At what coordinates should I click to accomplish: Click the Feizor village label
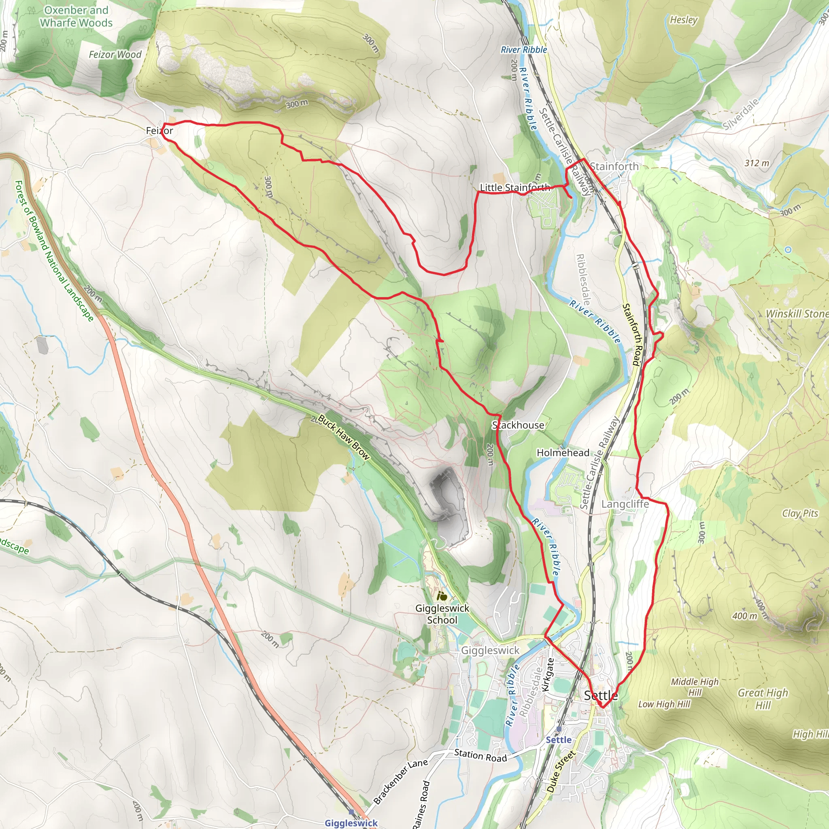click(159, 130)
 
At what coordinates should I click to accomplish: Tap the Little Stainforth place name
click(514, 187)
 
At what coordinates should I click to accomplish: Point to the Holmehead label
click(563, 453)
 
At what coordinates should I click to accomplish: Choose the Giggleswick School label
click(442, 614)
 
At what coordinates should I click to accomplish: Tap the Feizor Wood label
click(115, 55)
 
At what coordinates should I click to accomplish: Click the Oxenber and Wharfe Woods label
click(77, 16)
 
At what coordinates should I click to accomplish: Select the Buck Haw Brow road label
click(343, 437)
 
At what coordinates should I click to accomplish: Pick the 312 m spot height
click(757, 163)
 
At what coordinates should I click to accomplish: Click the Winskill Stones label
click(797, 314)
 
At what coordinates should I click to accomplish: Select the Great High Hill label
click(763, 699)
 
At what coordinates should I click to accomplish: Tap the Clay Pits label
click(800, 513)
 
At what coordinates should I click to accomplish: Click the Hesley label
click(684, 20)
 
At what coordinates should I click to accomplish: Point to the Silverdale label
click(741, 114)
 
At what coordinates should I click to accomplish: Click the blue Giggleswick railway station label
click(351, 823)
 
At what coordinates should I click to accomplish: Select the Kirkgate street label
click(548, 674)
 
